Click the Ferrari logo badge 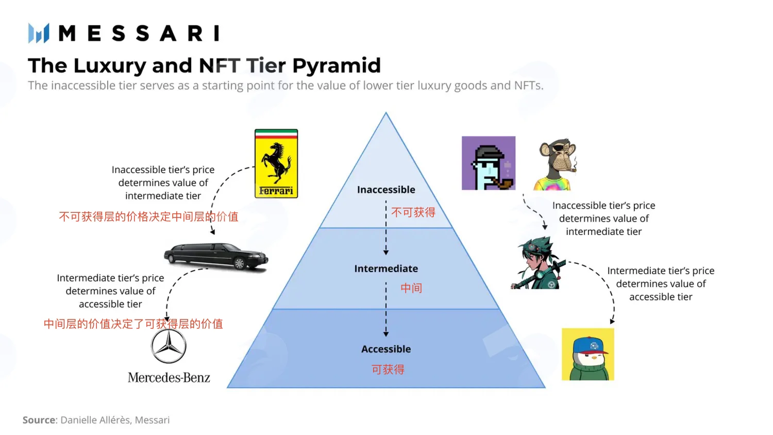276,164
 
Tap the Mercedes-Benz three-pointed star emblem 169,346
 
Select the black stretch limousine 216,256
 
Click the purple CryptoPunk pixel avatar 489,163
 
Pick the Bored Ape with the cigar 555,164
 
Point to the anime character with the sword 537,263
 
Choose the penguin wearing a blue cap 587,354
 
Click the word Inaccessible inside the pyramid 386,190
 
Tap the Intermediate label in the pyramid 386,269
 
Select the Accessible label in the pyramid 386,349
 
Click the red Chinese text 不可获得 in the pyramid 413,212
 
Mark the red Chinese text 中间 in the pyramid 411,288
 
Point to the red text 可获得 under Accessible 388,370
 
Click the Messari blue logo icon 39,33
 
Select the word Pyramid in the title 337,66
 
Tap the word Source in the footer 39,420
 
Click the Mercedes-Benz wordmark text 169,377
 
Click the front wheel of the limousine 239,264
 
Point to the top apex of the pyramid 386,112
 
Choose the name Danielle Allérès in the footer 95,420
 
